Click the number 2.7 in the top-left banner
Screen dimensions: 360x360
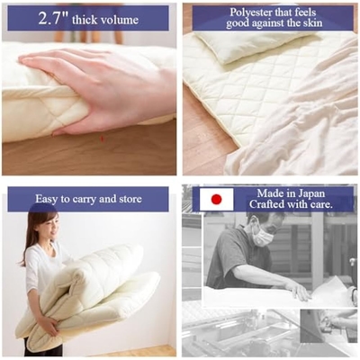54,19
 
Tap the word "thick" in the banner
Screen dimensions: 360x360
85,20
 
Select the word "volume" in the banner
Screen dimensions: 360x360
119,21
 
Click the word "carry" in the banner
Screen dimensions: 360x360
84,200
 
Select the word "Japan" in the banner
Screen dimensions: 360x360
310,194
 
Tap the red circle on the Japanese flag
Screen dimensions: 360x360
216,199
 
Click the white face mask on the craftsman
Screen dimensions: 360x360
263,235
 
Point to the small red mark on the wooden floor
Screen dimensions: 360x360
102,139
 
